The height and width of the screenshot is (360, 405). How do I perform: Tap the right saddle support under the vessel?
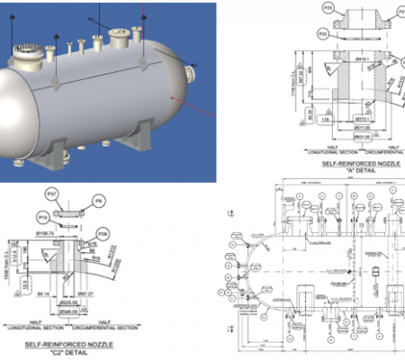139,139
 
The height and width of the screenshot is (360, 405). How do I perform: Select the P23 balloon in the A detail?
327,8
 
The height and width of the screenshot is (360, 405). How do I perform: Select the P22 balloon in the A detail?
323,33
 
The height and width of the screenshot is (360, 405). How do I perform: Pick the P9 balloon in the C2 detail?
99,201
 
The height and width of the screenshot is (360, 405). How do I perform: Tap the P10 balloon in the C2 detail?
43,217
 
